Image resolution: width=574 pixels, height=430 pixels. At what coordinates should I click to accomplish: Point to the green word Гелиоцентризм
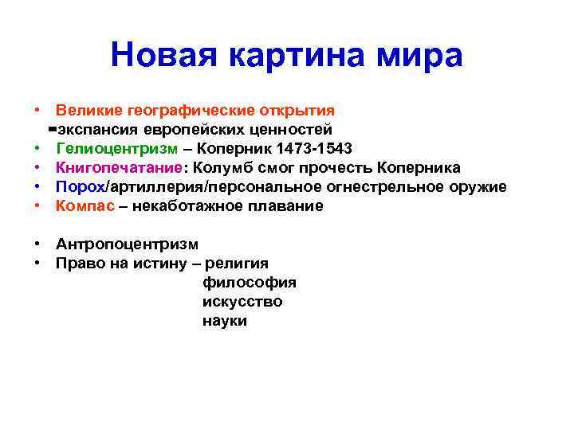pos(117,148)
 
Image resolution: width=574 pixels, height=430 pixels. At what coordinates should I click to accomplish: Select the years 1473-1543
pos(308,148)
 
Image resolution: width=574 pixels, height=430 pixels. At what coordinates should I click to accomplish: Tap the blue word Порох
pos(81,186)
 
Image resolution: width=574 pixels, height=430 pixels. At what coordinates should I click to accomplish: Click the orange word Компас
pos(83,205)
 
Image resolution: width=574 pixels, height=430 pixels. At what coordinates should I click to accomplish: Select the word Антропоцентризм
pos(127,244)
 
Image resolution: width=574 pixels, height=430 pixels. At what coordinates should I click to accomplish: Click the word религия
pos(238,263)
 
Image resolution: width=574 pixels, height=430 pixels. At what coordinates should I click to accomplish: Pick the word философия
pos(250,283)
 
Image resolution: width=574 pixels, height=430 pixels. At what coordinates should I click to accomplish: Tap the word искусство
pos(242,302)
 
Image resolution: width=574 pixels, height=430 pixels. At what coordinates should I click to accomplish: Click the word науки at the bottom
pos(225,321)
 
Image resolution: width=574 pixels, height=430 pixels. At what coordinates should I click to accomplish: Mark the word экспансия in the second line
pos(97,129)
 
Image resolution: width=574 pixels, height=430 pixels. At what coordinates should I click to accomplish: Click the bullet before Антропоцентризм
pos(37,244)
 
